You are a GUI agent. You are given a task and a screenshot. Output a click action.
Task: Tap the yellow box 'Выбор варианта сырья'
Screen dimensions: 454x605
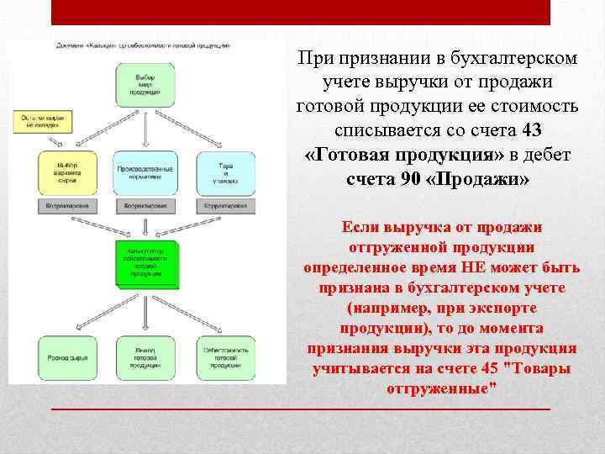coord(61,173)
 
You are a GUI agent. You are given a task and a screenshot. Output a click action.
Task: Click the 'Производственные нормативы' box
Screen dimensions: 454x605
coord(145,173)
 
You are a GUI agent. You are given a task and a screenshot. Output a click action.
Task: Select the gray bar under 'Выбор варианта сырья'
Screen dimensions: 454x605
coord(61,204)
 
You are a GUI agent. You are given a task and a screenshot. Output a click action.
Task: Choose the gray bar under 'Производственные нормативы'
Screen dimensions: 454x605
coord(145,204)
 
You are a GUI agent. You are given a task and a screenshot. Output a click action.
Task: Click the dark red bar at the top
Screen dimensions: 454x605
coord(300,12)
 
